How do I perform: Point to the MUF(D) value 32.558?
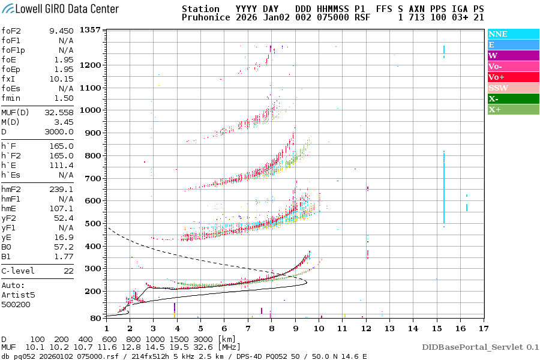click(x=59, y=112)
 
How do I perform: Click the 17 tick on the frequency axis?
click(x=484, y=328)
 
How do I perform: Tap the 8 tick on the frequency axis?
click(x=271, y=328)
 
